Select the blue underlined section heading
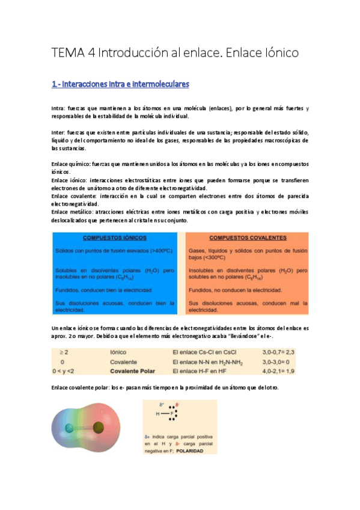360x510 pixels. point(120,83)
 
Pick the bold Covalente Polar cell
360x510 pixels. point(132,371)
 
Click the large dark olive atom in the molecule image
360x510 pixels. point(97,428)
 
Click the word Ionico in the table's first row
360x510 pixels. point(118,351)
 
